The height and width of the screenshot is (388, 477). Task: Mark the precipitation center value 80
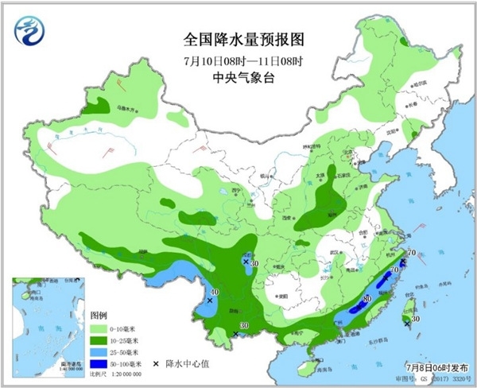point(366,299)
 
